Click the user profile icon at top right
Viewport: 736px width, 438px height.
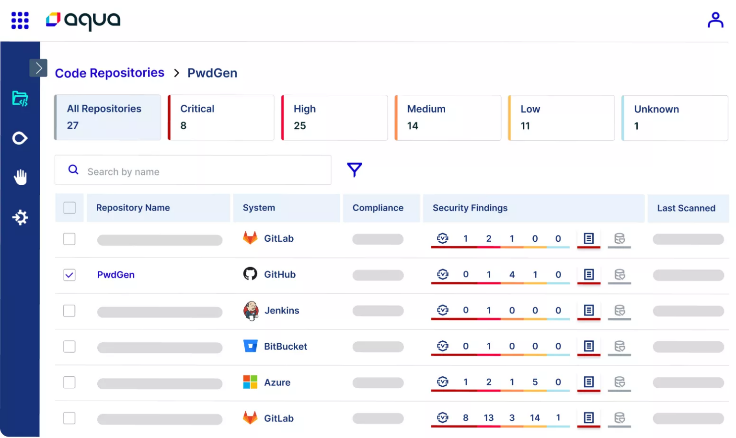click(715, 20)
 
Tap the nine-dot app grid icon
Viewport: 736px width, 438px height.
click(20, 21)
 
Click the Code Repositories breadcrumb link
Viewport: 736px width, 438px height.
click(109, 73)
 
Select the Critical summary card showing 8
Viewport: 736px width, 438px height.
click(221, 117)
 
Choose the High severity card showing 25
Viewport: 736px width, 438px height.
click(334, 117)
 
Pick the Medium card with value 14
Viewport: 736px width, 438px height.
click(448, 117)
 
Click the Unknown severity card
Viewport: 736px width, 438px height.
click(675, 117)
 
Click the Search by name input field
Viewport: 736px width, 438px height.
click(201, 171)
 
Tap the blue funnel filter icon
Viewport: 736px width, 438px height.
click(354, 169)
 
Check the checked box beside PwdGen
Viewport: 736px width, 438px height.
click(69, 275)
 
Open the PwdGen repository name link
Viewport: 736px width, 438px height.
click(116, 275)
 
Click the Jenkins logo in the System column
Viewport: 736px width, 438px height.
click(251, 311)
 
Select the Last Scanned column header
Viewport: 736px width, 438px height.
click(686, 208)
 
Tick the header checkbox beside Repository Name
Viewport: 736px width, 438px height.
click(69, 208)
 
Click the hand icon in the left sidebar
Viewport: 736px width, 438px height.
click(20, 177)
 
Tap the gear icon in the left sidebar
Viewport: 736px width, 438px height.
click(20, 218)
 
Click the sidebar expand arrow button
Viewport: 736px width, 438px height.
click(38, 68)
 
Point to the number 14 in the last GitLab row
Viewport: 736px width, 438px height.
click(535, 418)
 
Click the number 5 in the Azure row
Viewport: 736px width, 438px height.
click(535, 382)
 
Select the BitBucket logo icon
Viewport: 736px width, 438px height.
click(251, 346)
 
